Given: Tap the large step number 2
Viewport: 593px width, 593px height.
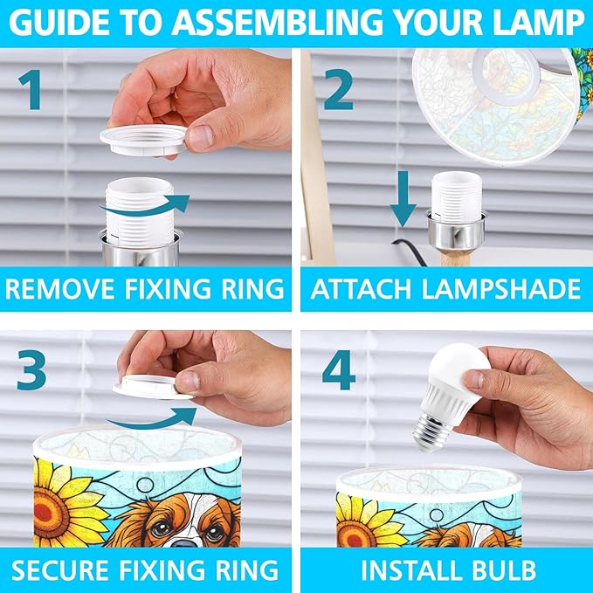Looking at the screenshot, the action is click(339, 89).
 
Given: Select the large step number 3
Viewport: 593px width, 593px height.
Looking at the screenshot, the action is click(31, 370).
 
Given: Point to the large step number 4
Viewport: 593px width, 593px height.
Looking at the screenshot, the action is click(339, 370).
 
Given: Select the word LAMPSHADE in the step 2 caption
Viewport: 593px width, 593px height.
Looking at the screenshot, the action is click(501, 289).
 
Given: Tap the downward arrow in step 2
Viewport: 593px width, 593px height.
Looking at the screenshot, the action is click(403, 199).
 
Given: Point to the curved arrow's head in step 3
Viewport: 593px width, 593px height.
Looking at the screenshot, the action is click(186, 416).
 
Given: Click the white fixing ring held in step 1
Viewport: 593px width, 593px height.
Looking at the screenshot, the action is click(143, 141).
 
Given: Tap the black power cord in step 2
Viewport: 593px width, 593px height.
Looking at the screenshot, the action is click(411, 251).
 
